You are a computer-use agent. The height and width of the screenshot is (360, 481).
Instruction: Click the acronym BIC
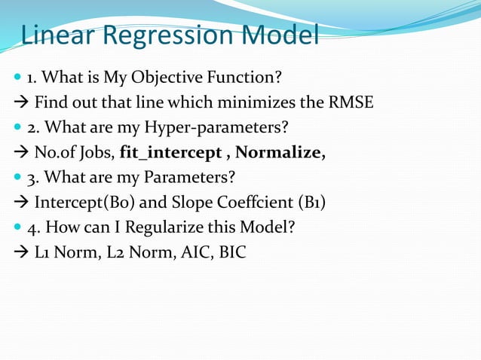pos(232,252)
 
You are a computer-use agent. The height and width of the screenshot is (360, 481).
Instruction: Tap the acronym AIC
pos(195,252)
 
